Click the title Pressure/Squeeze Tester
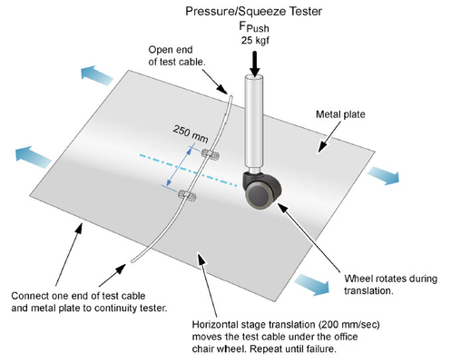(253, 12)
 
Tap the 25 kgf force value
(255, 41)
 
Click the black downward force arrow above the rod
(255, 64)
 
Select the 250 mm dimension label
(191, 133)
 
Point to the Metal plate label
(340, 114)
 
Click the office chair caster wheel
(262, 191)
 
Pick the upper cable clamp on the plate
(211, 154)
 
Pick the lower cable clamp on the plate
(187, 195)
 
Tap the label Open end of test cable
(177, 55)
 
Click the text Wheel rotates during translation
(390, 284)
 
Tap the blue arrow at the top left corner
(96, 75)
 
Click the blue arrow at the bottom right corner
(311, 283)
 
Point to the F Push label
(254, 27)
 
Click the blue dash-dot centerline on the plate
(188, 170)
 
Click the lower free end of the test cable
(132, 261)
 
